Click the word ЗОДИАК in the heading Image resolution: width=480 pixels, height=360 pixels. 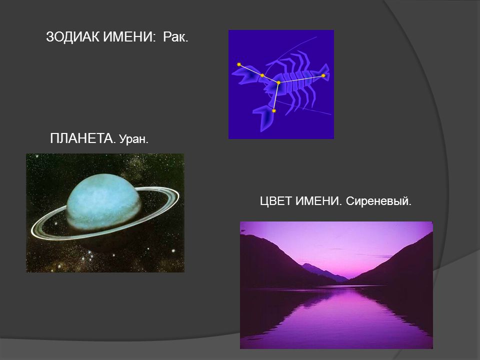72,36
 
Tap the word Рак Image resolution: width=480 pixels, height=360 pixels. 175,37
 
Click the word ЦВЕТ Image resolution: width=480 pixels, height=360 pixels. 276,201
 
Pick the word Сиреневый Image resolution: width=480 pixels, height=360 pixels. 378,201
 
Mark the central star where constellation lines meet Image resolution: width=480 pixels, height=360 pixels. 278,82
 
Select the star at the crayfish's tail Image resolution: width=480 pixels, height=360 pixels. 323,75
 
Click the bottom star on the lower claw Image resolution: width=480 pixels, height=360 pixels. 273,111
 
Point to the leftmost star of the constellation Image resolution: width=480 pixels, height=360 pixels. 239,64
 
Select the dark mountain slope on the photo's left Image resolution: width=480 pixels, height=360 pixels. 269,260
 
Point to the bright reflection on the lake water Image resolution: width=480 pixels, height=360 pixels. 336,309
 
